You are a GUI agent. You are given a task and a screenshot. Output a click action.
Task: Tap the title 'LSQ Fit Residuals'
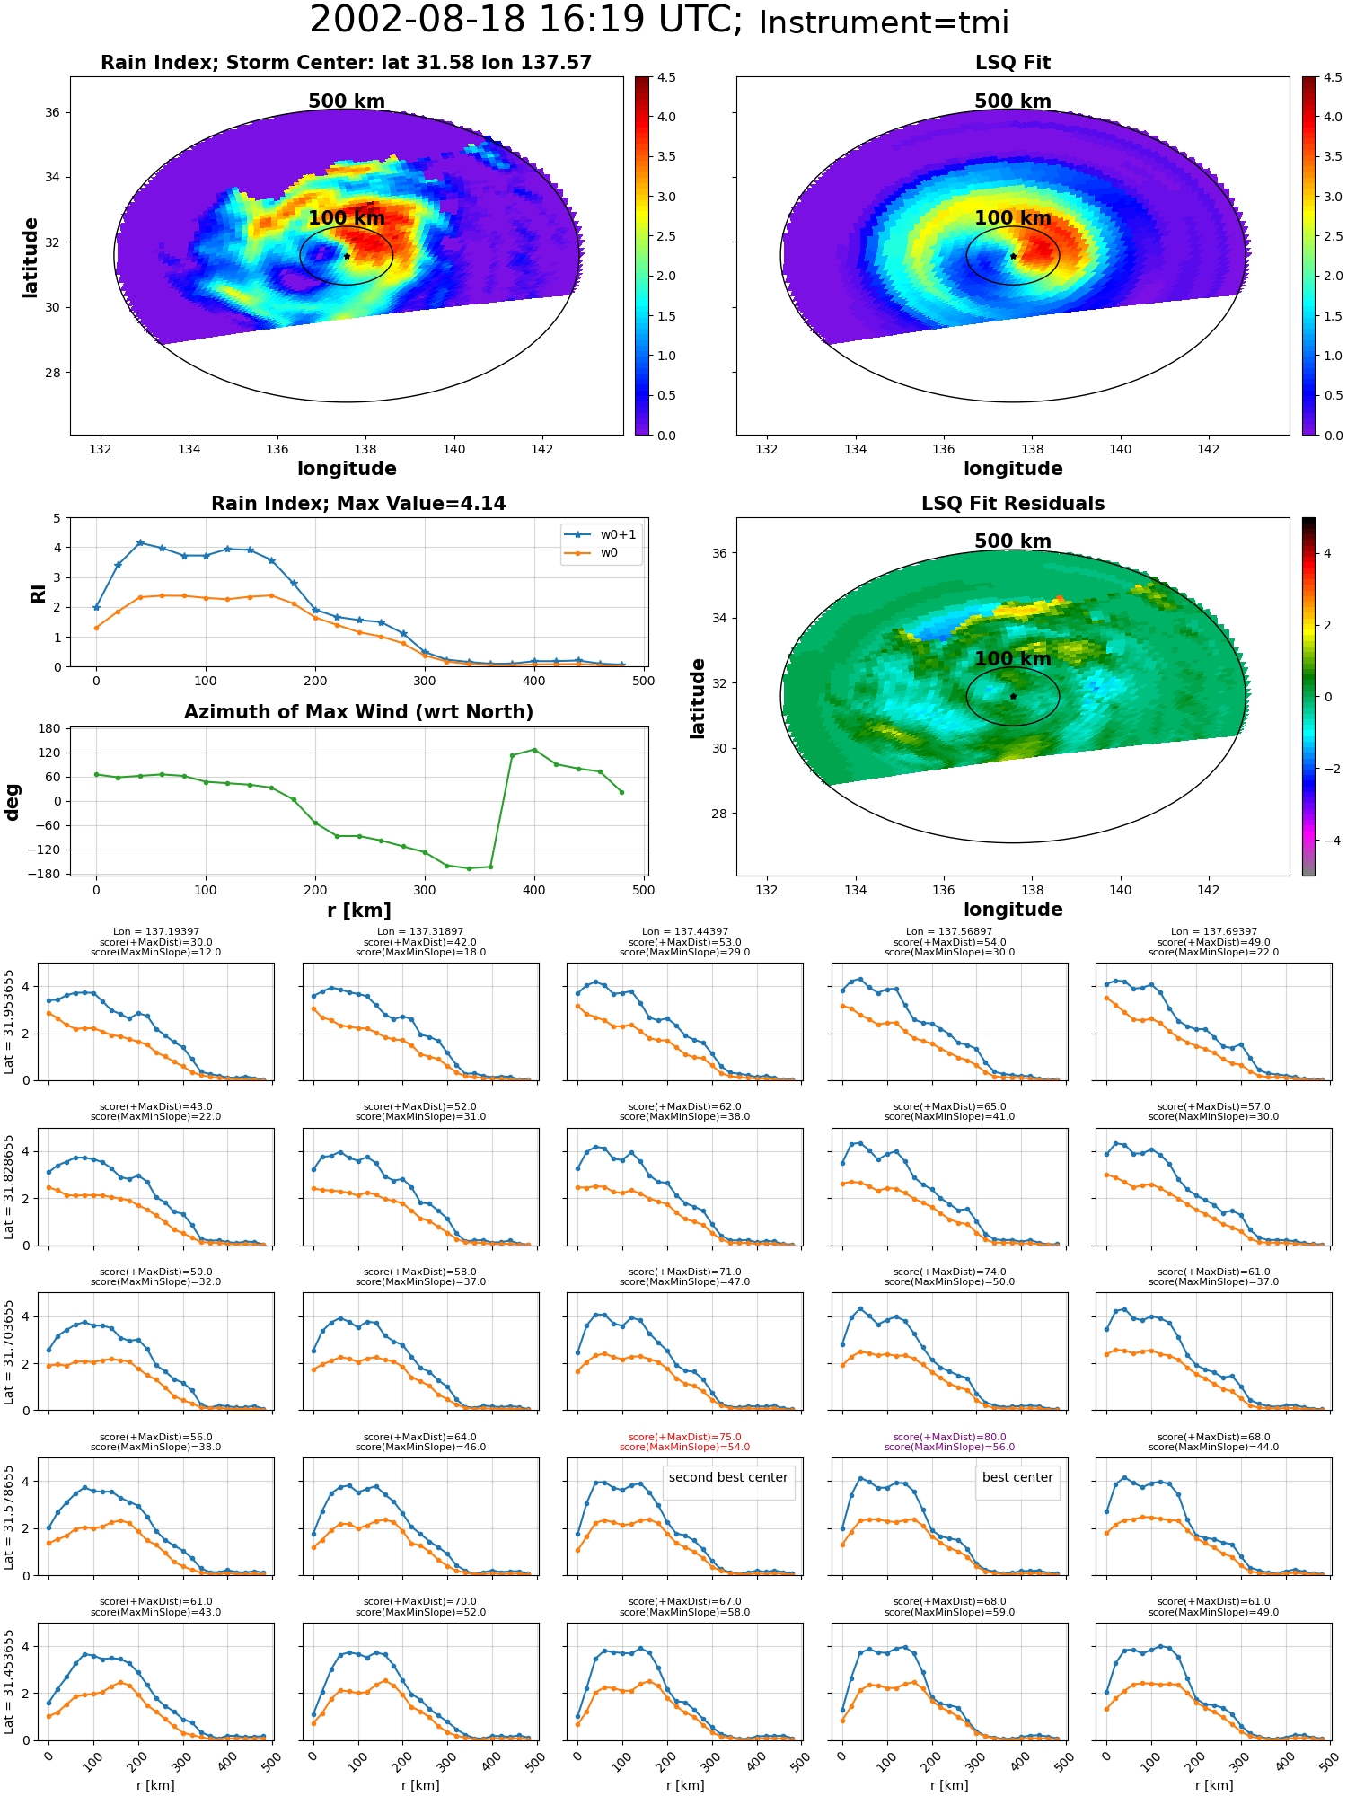coord(1013,504)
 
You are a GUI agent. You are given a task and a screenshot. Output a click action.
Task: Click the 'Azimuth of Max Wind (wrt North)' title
coord(358,712)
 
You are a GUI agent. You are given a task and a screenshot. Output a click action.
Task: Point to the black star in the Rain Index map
coord(347,256)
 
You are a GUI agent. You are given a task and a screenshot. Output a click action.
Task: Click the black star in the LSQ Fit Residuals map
coord(1013,696)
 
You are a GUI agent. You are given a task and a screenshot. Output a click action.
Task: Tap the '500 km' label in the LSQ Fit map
coord(1013,101)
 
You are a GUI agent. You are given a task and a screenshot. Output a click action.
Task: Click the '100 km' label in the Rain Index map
coord(347,218)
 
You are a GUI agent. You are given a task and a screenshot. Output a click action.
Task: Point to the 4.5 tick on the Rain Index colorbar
coord(666,78)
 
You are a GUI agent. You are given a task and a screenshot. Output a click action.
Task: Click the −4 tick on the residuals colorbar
coord(1327,841)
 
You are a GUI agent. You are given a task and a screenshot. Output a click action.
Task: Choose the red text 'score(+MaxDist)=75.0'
coord(684,1437)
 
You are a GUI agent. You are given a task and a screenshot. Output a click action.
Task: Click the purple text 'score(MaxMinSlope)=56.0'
coord(949,1447)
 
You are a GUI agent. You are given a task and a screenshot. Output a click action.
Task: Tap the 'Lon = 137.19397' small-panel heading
coord(156,932)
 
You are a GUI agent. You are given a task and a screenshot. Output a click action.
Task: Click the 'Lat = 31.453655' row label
coord(9,1682)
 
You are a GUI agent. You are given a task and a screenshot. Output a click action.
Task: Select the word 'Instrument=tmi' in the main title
coord(884,23)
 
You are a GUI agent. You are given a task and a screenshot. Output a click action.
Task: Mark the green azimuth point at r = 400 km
coord(534,749)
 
